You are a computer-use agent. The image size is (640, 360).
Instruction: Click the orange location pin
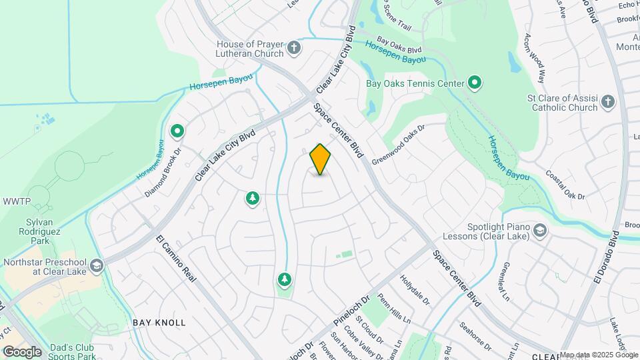(x=321, y=159)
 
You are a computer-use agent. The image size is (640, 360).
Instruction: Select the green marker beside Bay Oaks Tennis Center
(x=475, y=83)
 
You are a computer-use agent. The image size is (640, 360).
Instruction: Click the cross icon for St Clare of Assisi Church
(x=607, y=102)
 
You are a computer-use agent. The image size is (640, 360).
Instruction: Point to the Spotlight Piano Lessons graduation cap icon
(x=540, y=231)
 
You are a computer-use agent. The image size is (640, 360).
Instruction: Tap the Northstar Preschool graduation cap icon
(x=97, y=267)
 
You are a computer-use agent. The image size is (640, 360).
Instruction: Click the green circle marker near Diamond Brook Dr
(x=177, y=131)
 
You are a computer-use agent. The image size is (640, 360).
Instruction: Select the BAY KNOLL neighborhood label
(x=159, y=323)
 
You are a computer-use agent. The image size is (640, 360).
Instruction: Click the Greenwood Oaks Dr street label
(x=399, y=146)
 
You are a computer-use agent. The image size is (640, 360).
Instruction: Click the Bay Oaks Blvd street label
(x=399, y=45)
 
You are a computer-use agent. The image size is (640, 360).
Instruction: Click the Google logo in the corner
(x=22, y=352)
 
